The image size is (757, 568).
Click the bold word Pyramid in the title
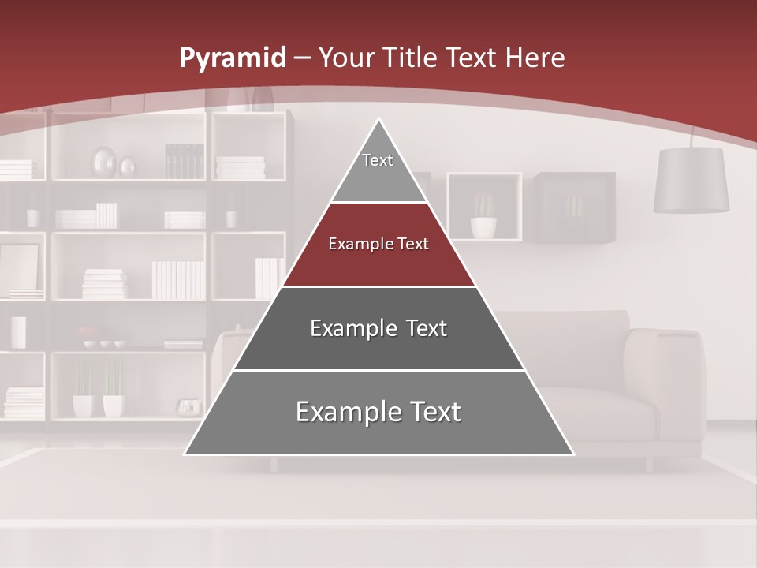tap(232, 58)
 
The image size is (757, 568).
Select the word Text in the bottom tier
tap(429, 412)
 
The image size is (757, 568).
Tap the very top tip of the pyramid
tap(379, 121)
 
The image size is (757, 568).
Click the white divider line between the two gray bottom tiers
tap(378, 370)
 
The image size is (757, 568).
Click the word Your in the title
tap(347, 58)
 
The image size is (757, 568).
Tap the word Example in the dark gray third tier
tap(352, 328)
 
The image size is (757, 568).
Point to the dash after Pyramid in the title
tap(303, 58)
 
